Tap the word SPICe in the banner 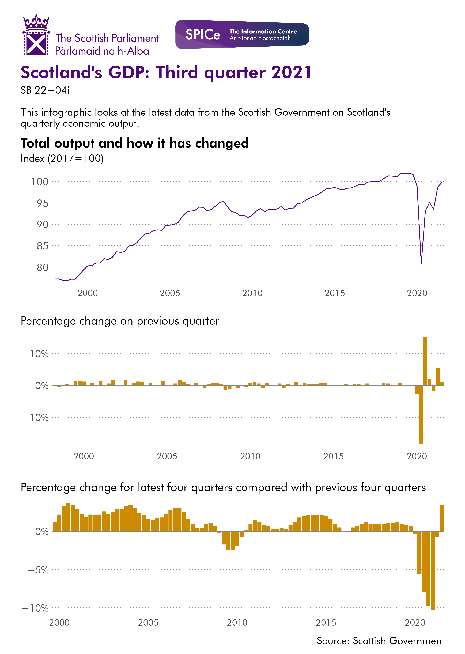(203, 35)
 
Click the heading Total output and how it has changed (135, 143)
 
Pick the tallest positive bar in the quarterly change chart (425, 361)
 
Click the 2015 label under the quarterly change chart (333, 456)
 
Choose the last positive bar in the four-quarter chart (441, 518)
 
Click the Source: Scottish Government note (380, 641)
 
